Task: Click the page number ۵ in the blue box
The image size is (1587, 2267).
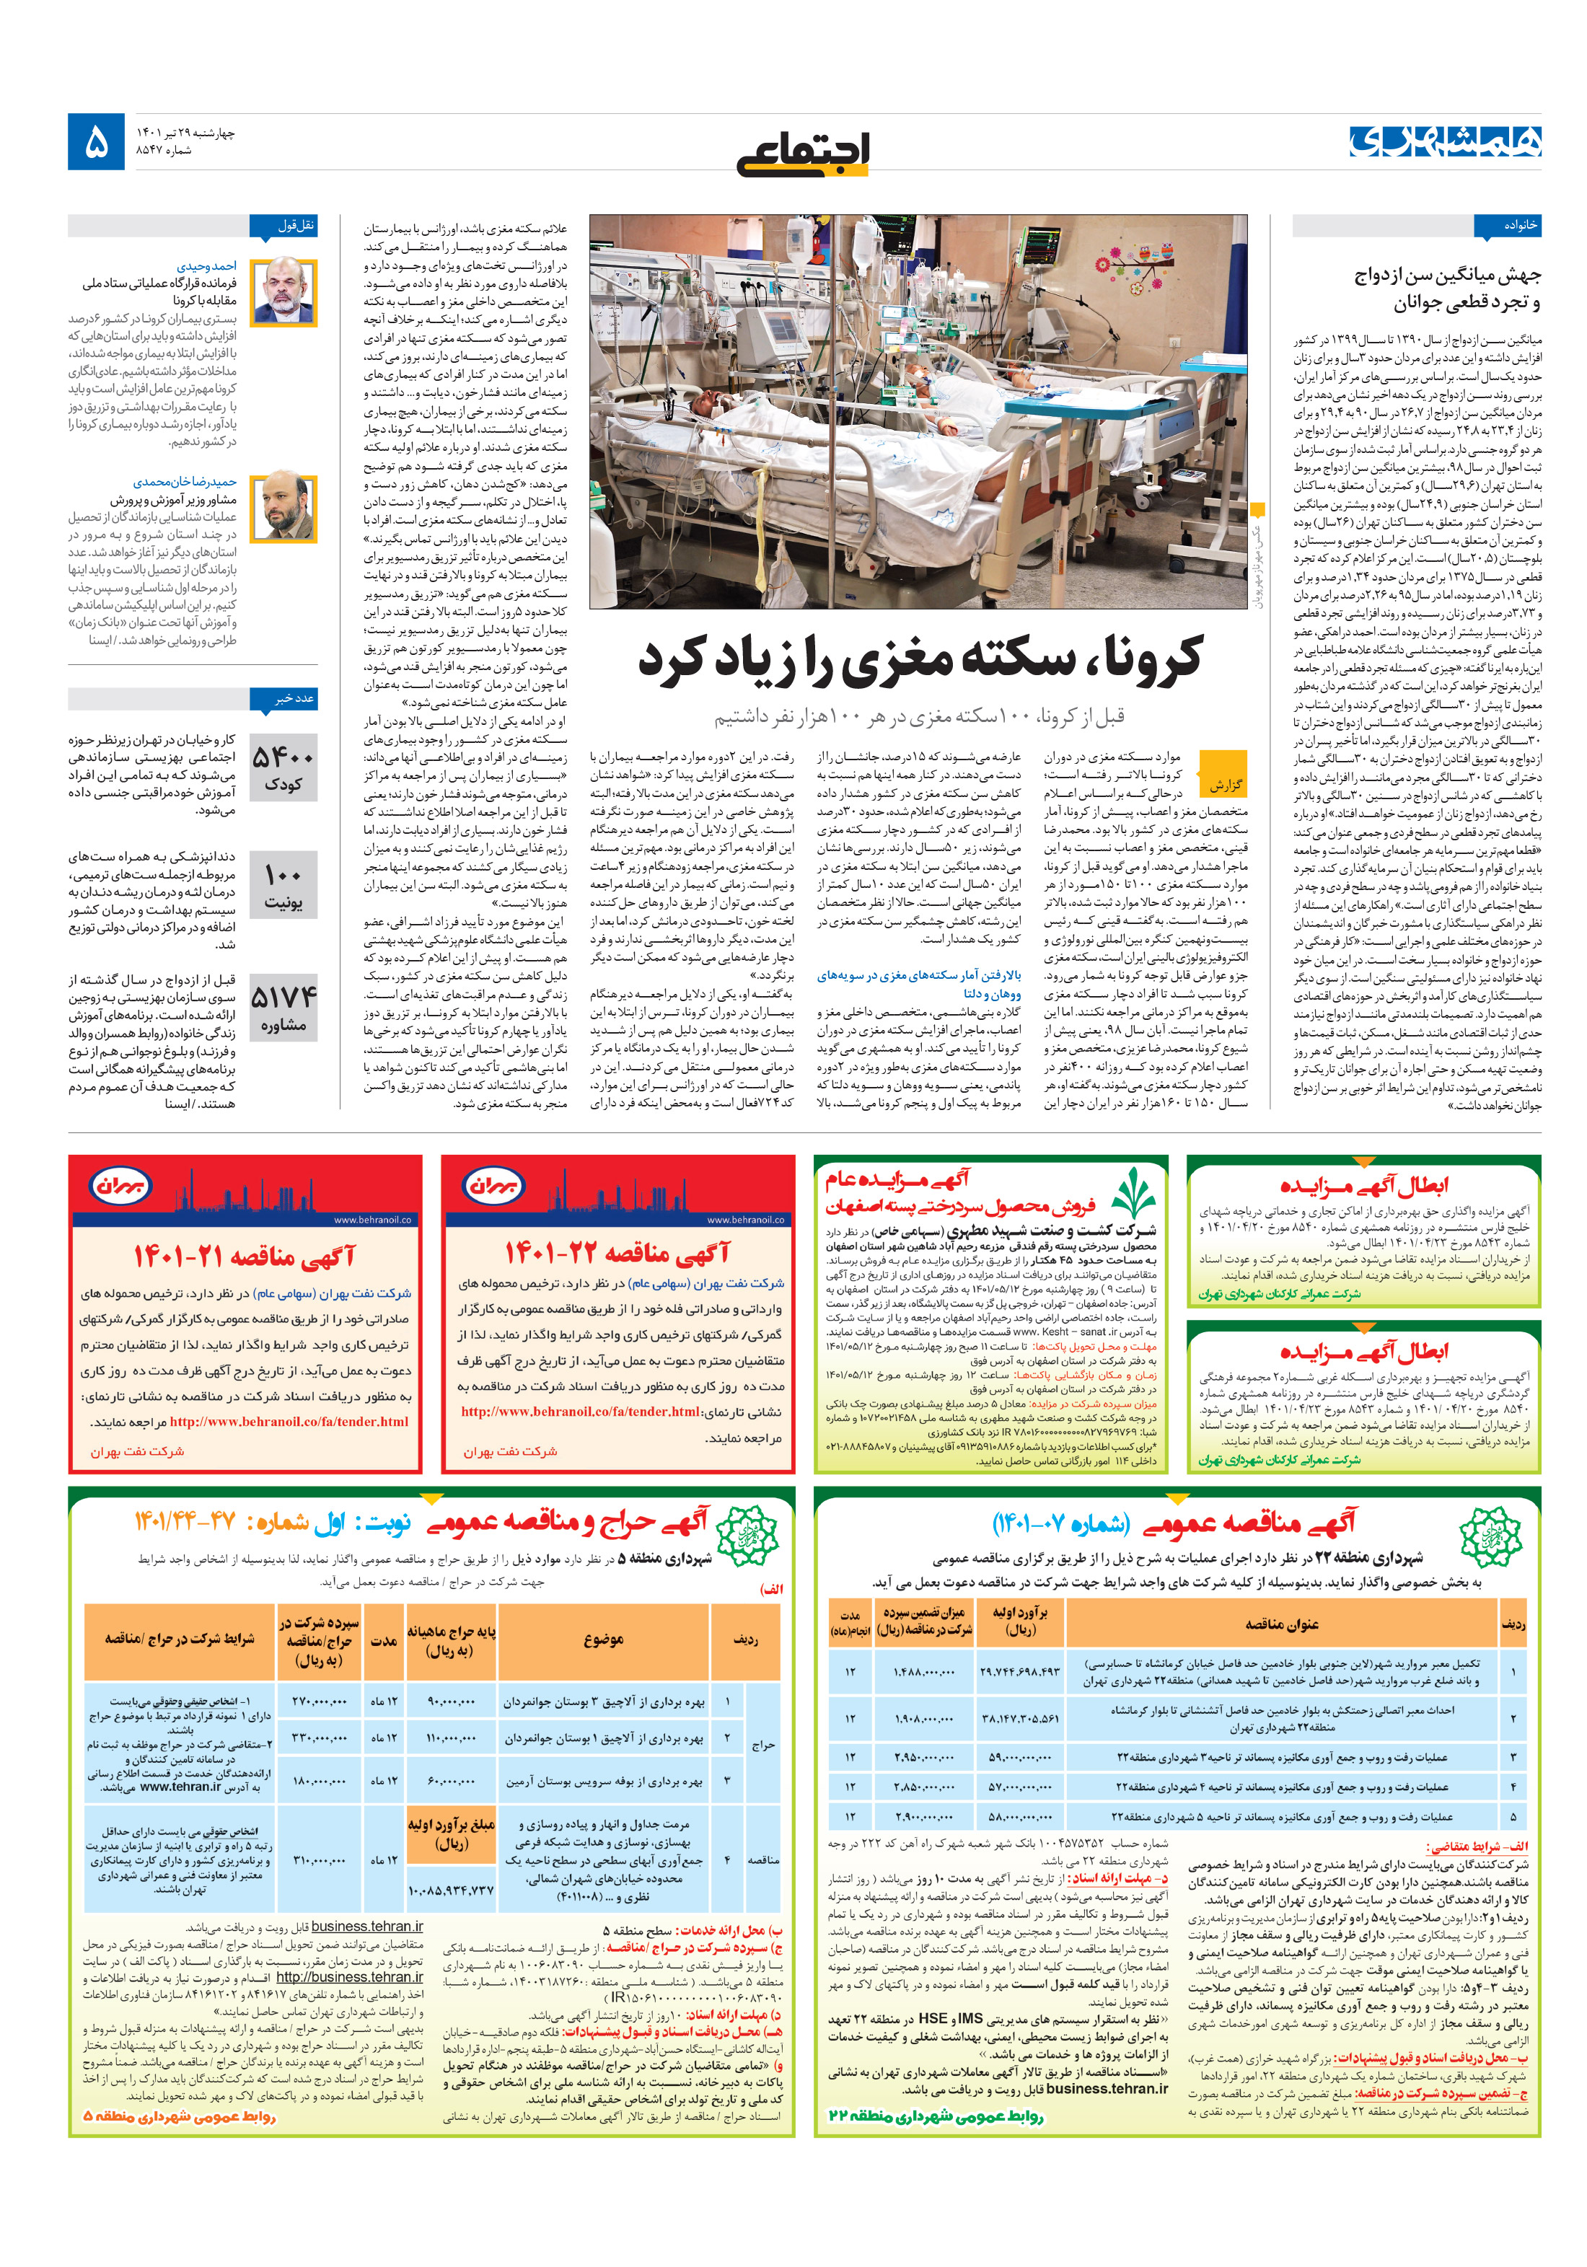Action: pos(96,142)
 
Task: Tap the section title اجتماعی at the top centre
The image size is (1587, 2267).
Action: pos(802,152)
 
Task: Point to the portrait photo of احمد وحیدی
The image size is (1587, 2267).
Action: pos(283,292)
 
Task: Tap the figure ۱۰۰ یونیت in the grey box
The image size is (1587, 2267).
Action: pos(283,886)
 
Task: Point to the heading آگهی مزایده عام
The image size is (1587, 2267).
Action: pos(897,1178)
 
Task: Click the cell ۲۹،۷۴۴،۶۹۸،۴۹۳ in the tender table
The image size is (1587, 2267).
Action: pos(1019,1672)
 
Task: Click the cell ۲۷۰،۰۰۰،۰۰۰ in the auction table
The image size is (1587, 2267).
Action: pos(319,1702)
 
